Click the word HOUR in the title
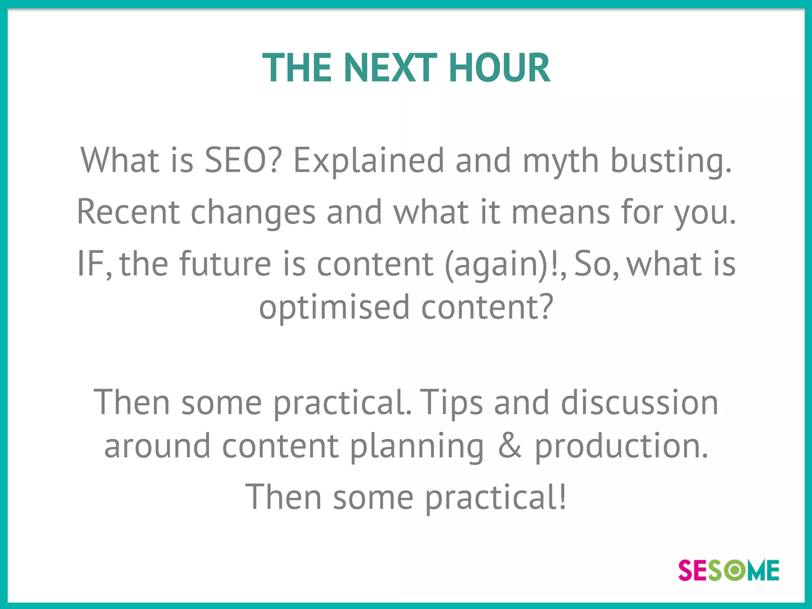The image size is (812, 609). pyautogui.click(x=499, y=68)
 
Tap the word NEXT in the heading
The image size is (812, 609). pyautogui.click(x=390, y=68)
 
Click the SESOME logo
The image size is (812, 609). pyautogui.click(x=728, y=571)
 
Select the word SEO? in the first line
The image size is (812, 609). pyautogui.click(x=243, y=160)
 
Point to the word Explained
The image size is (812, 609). pyautogui.click(x=368, y=160)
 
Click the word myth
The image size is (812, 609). pyautogui.click(x=560, y=161)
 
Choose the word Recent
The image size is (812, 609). pyautogui.click(x=128, y=212)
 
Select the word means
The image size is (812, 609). pyautogui.click(x=560, y=212)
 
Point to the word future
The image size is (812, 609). pyautogui.click(x=225, y=264)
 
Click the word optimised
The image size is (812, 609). pyautogui.click(x=334, y=308)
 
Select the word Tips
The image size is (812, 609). pyautogui.click(x=451, y=403)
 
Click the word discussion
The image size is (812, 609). pyautogui.click(x=639, y=403)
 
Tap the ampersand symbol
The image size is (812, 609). pyautogui.click(x=509, y=446)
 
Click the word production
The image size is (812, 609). pyautogui.click(x=621, y=446)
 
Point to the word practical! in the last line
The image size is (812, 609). pyautogui.click(x=496, y=498)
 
